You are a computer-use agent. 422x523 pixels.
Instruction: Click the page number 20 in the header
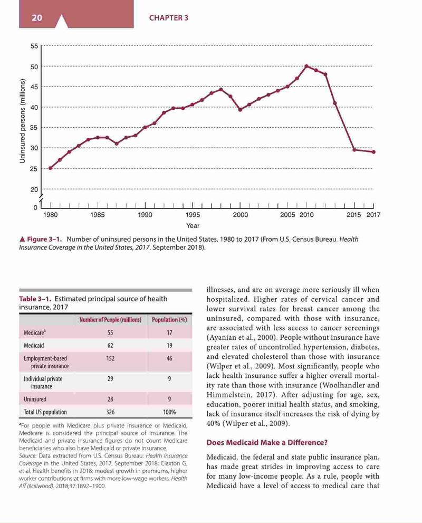[37, 17]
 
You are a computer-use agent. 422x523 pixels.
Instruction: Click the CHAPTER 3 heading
[169, 18]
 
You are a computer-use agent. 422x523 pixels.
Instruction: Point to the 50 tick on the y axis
[34, 66]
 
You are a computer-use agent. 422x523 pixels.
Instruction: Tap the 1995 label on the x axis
[193, 215]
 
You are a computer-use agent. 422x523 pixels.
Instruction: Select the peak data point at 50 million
[306, 66]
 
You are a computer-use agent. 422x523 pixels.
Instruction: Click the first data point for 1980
[50, 168]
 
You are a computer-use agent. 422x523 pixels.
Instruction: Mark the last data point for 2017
[373, 152]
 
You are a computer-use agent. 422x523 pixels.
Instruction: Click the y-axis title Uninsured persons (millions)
[22, 121]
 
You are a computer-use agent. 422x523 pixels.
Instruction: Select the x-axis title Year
[193, 226]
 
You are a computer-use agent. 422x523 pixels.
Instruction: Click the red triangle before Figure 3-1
[22, 239]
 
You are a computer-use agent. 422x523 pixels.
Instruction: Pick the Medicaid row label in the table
[34, 346]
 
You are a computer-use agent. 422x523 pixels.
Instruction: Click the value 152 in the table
[110, 358]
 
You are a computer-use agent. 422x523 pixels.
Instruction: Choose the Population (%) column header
[169, 319]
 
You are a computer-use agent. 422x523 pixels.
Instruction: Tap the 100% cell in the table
[169, 412]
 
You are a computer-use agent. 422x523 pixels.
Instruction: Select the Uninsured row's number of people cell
[110, 400]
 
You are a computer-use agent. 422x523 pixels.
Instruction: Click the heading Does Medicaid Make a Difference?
[267, 443]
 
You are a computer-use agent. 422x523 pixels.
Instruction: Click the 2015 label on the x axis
[353, 215]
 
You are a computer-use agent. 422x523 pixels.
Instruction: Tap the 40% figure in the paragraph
[213, 424]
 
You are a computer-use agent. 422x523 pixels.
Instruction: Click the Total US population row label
[45, 412]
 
